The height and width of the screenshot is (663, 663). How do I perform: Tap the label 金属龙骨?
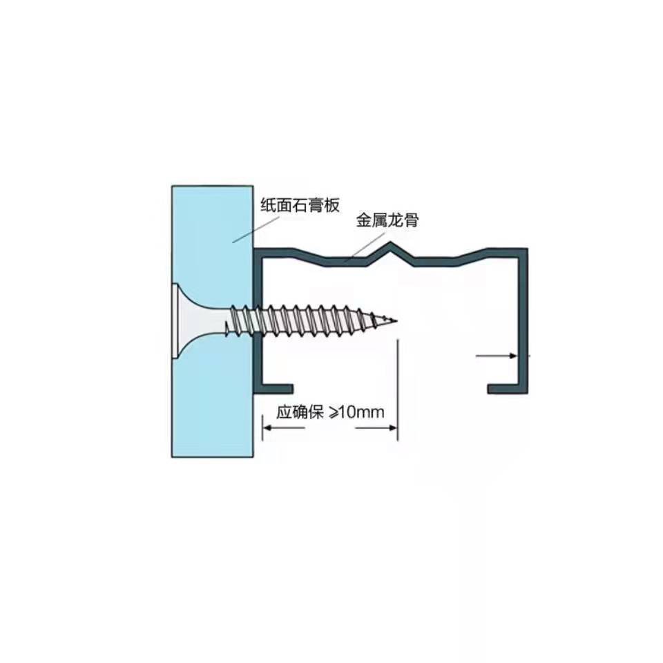coord(387,221)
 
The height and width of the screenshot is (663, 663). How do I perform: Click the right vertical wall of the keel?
coord(523,318)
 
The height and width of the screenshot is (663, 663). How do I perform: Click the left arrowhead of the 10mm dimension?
coord(267,428)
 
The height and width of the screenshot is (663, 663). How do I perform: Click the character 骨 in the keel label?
coord(412,221)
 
